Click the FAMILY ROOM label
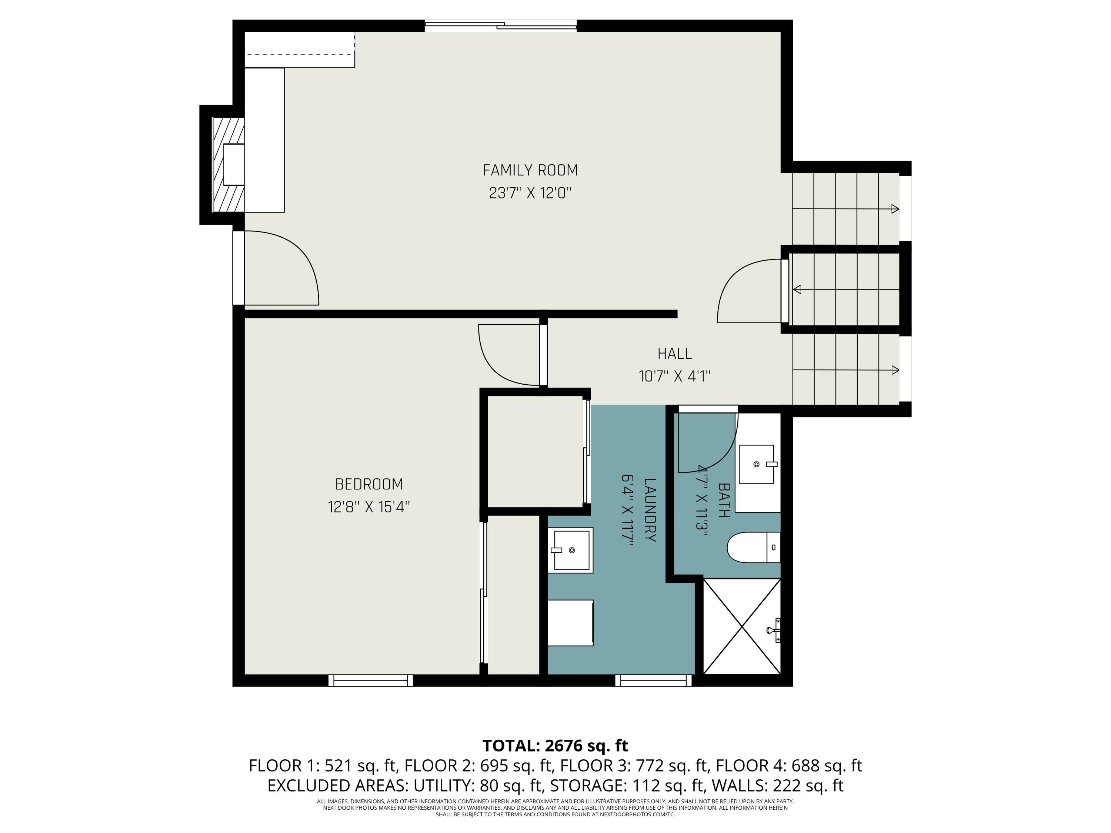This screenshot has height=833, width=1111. click(x=530, y=171)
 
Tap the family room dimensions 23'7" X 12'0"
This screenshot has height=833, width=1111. click(x=530, y=193)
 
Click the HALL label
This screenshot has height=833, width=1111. click(x=674, y=354)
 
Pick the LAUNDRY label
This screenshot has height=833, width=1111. click(x=650, y=510)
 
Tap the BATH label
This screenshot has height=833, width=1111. click(x=724, y=500)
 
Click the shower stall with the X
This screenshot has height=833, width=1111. click(x=742, y=626)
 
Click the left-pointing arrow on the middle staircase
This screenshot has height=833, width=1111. click(x=797, y=290)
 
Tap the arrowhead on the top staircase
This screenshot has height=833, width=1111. click(x=894, y=209)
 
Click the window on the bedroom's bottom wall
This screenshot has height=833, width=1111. click(x=371, y=680)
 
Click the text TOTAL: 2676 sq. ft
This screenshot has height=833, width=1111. click(x=555, y=746)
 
